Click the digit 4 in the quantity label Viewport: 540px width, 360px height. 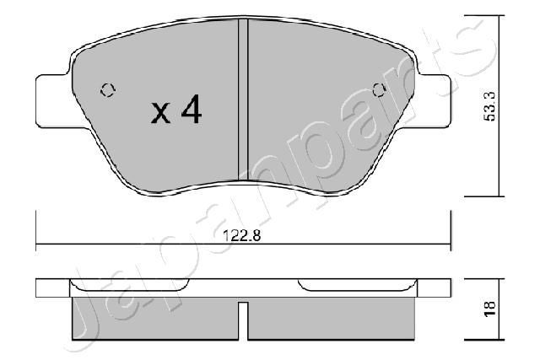(192, 110)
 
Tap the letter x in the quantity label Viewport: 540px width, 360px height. (161, 113)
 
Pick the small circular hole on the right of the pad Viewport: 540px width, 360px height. (378, 89)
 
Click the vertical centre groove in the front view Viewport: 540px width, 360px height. (243, 101)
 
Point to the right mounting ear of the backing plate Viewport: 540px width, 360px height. (435, 99)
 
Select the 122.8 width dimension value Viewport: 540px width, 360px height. (243, 237)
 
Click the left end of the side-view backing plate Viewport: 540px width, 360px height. (51, 288)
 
